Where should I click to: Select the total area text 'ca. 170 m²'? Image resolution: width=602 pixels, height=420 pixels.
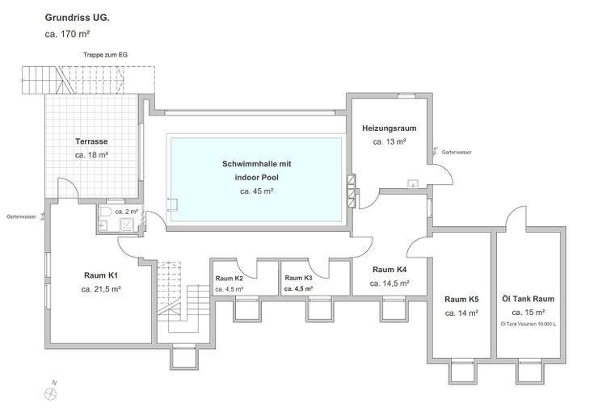tap(69, 34)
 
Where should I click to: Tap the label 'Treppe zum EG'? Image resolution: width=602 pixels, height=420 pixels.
tap(105, 55)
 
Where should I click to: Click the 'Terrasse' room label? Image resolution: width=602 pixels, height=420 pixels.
tap(91, 141)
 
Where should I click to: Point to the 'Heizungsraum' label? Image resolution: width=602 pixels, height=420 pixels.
tap(389, 128)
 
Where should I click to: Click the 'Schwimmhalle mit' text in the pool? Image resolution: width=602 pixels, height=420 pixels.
tap(256, 164)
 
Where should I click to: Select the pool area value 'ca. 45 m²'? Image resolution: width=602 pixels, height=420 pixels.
tap(256, 191)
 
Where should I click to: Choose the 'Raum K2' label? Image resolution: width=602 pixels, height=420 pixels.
tap(229, 278)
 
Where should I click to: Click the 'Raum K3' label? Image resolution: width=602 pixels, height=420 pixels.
tap(298, 278)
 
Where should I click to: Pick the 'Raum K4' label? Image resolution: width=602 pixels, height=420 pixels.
tap(389, 270)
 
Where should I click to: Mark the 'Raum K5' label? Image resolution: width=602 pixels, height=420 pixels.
tap(461, 298)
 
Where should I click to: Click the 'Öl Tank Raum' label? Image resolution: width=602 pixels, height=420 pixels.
tap(528, 298)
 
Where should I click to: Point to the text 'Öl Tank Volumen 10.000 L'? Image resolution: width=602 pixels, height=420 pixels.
tap(528, 325)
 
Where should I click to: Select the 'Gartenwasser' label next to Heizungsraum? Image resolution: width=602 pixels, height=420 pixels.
tap(457, 152)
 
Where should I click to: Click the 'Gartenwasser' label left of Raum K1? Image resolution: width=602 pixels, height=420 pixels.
tap(21, 216)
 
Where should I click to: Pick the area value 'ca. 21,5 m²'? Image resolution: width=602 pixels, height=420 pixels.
tap(101, 288)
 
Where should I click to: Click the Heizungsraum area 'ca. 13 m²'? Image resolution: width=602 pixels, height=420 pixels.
tap(389, 141)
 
